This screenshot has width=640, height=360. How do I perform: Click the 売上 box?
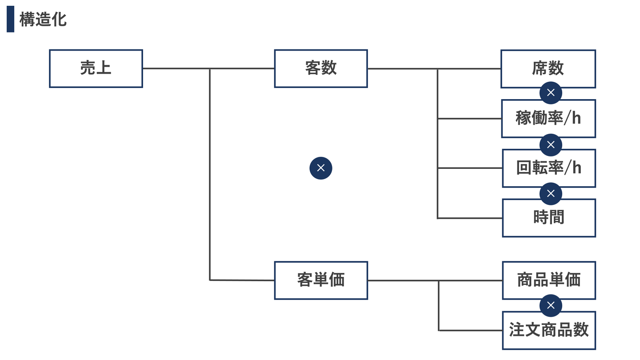tap(96, 68)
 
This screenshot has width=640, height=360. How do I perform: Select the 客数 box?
tap(320, 68)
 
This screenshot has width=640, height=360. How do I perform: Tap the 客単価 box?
tap(320, 280)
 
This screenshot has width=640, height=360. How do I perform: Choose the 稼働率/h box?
tap(548, 118)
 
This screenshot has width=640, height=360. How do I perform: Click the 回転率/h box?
tap(548, 168)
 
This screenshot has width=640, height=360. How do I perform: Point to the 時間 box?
tap(548, 218)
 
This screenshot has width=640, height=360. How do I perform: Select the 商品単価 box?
tap(548, 280)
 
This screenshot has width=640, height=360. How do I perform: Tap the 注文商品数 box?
tap(548, 330)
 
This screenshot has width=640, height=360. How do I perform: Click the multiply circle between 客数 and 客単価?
tap(320, 168)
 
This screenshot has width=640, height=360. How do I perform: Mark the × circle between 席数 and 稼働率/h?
tap(551, 93)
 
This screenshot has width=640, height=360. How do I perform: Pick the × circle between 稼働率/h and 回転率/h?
tap(551, 144)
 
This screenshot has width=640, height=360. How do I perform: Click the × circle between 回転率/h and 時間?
tap(551, 193)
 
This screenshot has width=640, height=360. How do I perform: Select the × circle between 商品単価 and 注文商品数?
tap(551, 305)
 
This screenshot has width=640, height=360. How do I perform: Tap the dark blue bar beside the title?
tap(10, 19)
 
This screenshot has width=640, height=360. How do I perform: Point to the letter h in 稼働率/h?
tap(576, 119)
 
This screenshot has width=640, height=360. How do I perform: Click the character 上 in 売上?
tap(104, 68)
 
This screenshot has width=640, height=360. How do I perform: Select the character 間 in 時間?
tap(556, 218)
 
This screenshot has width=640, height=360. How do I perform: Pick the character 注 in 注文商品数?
tap(517, 330)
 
